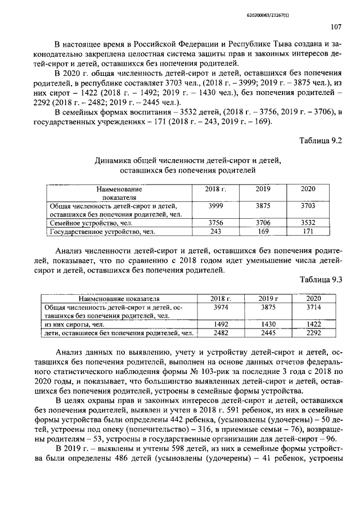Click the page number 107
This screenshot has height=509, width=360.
click(336, 26)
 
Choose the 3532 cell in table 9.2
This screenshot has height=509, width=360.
click(308, 223)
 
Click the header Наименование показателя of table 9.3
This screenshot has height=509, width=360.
click(119, 299)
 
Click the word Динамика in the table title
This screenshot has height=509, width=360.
click(116, 161)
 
